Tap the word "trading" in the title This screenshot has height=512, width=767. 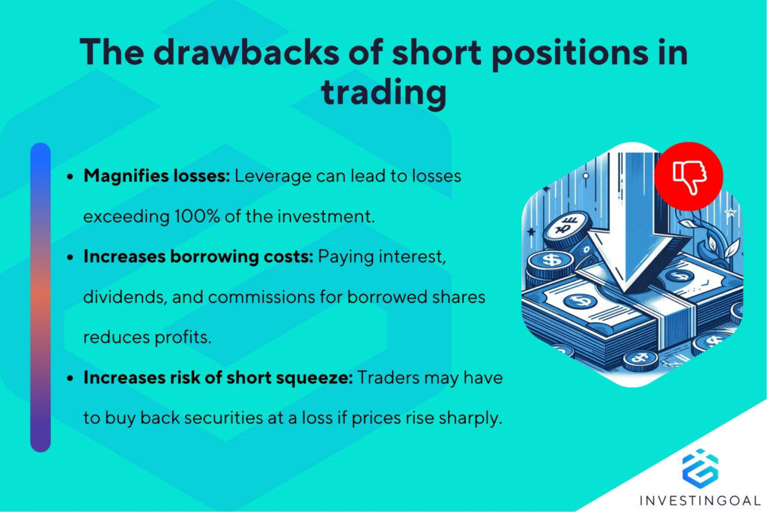pos(383,93)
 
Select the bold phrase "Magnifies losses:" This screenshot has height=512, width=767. pos(157,176)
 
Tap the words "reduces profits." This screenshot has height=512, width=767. pos(147,337)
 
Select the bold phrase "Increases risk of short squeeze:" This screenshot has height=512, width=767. pos(218,378)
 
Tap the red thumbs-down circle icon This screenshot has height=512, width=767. pos(688,176)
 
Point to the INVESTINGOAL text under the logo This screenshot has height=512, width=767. pos(700,498)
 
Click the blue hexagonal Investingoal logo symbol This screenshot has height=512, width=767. pos(700,466)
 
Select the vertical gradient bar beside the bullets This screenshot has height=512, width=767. pos(40,297)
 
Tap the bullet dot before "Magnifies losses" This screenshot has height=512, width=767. pos(70,177)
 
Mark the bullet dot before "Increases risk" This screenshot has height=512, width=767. pos(70,379)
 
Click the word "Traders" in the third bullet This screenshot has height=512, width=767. pos(386,378)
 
